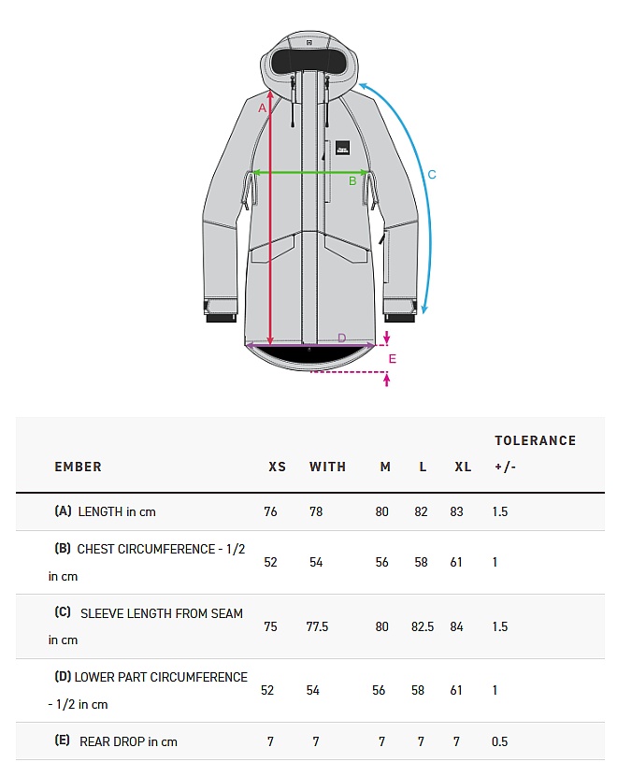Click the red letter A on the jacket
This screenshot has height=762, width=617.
(x=263, y=108)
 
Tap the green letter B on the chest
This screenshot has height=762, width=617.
(x=352, y=180)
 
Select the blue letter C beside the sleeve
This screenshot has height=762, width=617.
(x=432, y=174)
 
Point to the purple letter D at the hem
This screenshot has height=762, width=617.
(x=341, y=338)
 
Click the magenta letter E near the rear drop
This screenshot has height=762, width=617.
(x=393, y=358)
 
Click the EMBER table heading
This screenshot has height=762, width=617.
(x=78, y=467)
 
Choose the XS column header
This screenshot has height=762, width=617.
(x=277, y=467)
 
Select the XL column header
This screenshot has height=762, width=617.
(x=463, y=467)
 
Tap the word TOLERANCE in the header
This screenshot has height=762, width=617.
(x=535, y=440)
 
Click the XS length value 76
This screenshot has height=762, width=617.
(x=270, y=511)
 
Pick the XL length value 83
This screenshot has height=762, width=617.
(x=456, y=511)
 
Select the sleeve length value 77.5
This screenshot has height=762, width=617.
(x=318, y=626)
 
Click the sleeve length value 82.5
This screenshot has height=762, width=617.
(x=423, y=626)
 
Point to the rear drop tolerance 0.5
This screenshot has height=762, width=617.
(x=499, y=741)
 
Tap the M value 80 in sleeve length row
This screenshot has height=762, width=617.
(x=381, y=626)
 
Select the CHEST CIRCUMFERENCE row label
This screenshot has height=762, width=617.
(x=160, y=549)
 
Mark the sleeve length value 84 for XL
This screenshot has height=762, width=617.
(x=456, y=626)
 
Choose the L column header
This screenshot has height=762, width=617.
(x=423, y=467)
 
